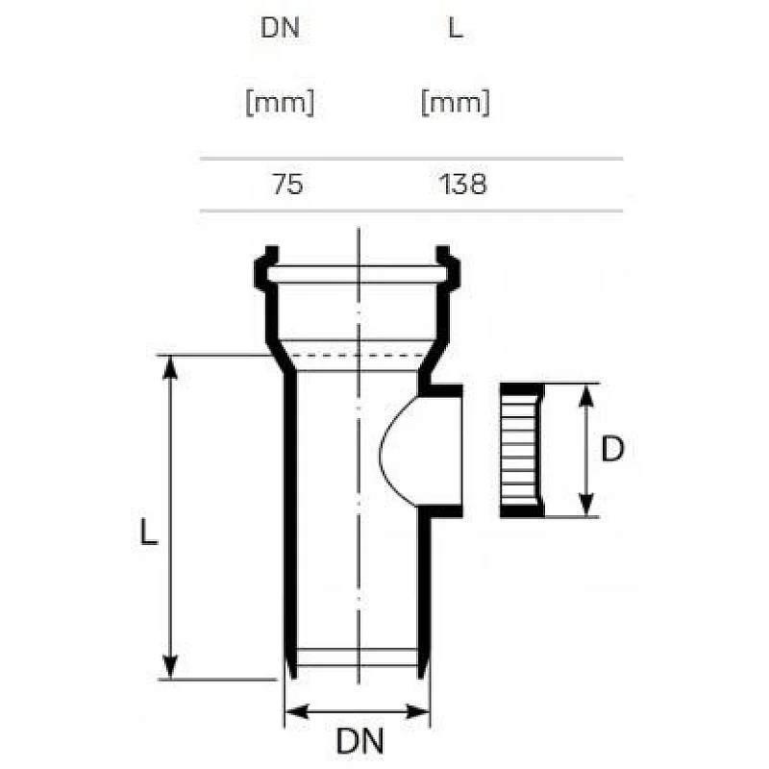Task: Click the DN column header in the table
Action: click(x=280, y=28)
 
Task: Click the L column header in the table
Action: click(x=456, y=28)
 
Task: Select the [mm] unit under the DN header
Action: click(x=280, y=103)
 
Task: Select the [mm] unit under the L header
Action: click(x=456, y=103)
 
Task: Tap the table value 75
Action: click(x=287, y=185)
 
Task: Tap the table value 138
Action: click(x=462, y=185)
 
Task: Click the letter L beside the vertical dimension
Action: click(x=149, y=533)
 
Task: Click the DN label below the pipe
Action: click(x=360, y=740)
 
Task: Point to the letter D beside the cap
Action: click(x=612, y=448)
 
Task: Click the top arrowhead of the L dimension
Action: click(x=170, y=367)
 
